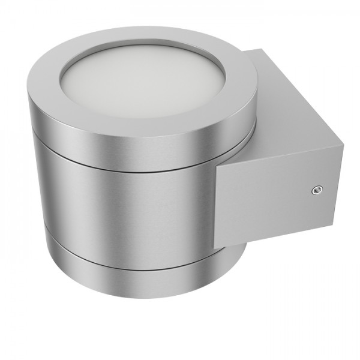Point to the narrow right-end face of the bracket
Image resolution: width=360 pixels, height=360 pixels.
339,180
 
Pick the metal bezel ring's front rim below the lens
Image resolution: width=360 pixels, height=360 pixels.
156,123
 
